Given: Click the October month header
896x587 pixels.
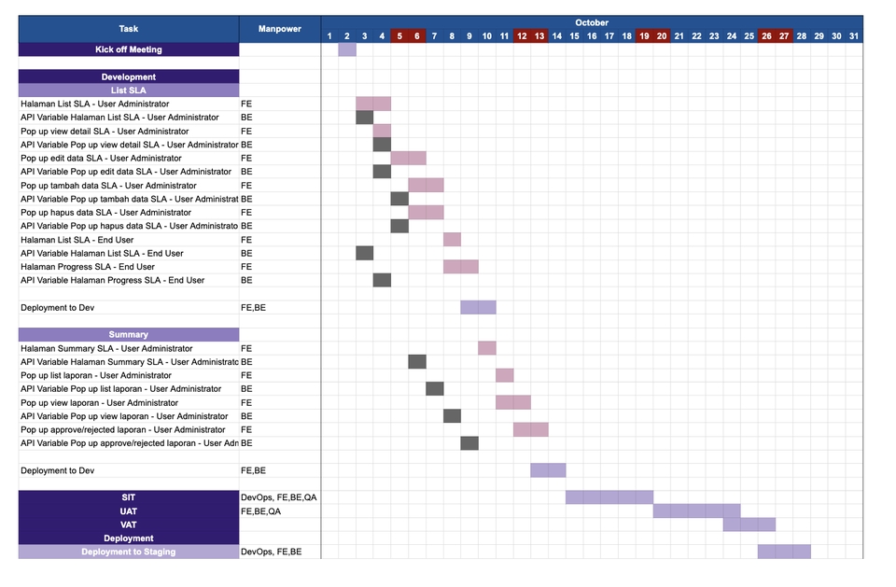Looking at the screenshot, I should click(591, 22).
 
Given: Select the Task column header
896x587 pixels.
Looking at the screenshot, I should click(129, 29).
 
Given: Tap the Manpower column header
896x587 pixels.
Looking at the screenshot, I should click(280, 29).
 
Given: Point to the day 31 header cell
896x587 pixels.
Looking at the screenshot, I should click(854, 36).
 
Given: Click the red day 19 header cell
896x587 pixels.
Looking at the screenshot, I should click(644, 36).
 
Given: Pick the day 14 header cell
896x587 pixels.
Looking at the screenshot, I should click(556, 36).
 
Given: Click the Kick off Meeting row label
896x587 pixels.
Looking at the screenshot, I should click(129, 49).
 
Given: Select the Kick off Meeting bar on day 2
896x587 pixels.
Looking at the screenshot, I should click(347, 49).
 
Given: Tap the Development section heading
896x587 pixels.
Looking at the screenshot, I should click(129, 77).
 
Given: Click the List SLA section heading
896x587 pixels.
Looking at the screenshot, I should click(129, 91).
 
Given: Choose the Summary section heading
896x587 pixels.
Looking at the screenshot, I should click(129, 334).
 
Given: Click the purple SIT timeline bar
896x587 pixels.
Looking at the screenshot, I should click(609, 497).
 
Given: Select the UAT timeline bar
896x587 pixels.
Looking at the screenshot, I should click(696, 511).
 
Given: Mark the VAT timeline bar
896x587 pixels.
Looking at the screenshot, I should click(749, 524).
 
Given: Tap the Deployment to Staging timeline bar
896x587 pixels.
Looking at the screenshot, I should click(784, 552).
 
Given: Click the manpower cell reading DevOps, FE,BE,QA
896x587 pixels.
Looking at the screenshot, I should click(279, 497).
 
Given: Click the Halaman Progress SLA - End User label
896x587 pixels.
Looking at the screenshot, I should click(88, 267).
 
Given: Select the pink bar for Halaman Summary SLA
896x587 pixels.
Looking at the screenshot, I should click(487, 348).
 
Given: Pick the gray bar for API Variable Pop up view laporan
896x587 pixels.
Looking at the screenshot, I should click(452, 416).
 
